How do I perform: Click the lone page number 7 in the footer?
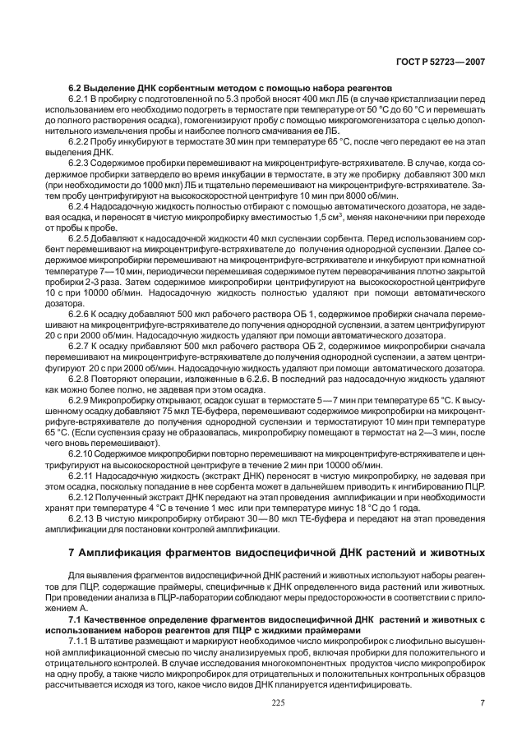(x=482, y=701)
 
